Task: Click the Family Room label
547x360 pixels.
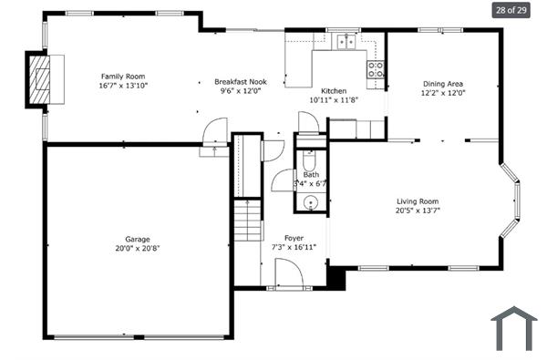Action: point(123,77)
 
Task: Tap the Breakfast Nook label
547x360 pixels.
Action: point(241,81)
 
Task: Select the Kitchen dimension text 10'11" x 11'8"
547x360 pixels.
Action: point(334,100)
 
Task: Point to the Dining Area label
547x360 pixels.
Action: point(443,83)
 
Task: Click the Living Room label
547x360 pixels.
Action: point(418,201)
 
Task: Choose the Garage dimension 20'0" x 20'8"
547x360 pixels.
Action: point(138,248)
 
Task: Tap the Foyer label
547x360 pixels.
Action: point(294,238)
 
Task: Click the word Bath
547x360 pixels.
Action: point(311,175)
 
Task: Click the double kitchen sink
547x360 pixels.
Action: point(346,40)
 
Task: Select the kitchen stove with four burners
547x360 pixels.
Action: point(375,68)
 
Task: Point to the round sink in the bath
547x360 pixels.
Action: point(311,203)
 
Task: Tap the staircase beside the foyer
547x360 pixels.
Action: point(247,220)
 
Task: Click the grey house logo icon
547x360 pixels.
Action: point(513,329)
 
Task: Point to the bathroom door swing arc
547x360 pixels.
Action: point(281,180)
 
